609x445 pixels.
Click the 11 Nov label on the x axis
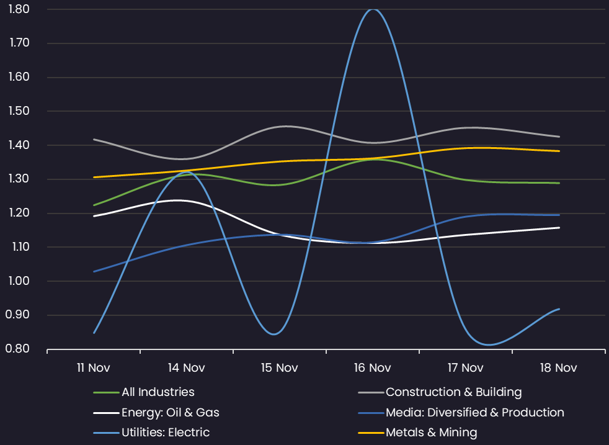[94, 368]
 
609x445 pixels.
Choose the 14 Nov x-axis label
[186, 368]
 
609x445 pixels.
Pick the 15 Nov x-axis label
[279, 368]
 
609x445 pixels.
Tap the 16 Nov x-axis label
[372, 368]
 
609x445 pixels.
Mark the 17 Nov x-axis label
[465, 368]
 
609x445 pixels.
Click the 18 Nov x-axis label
[558, 368]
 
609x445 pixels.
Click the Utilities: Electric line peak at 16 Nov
[372, 9]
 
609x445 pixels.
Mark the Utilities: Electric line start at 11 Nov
[94, 333]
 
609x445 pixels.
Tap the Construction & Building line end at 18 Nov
[559, 137]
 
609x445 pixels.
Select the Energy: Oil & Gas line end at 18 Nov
[559, 228]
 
